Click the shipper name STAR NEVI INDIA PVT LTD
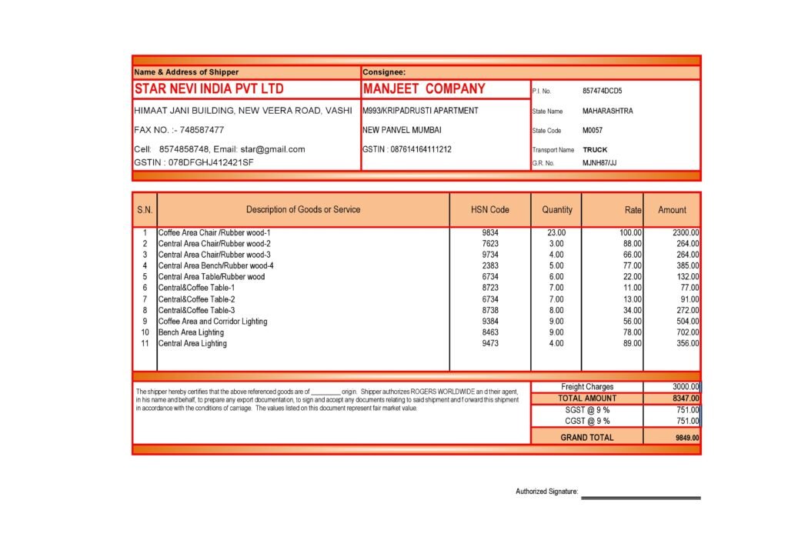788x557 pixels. [209, 89]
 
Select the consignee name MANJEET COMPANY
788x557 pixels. [424, 89]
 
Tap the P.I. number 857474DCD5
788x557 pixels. [603, 91]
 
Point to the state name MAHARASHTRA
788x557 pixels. [607, 111]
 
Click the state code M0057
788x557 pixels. [593, 131]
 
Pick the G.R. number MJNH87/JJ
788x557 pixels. [599, 163]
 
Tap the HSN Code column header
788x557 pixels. [489, 209]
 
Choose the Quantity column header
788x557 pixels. [556, 209]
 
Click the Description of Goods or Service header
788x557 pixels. [302, 209]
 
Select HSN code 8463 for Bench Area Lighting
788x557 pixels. [490, 332]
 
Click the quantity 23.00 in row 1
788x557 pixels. [556, 232]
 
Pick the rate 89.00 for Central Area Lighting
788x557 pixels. [632, 344]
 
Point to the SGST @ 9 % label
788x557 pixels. [587, 410]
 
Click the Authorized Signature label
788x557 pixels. [546, 491]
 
